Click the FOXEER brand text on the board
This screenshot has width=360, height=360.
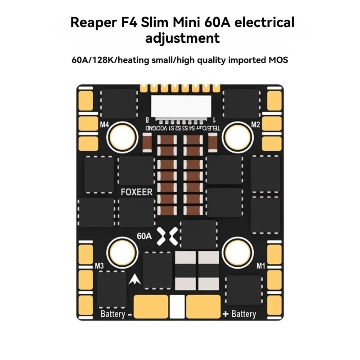tap(136, 192)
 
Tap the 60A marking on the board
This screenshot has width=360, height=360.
tap(144, 236)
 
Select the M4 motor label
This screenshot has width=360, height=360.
tap(104, 125)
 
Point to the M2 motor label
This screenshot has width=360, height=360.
tap(255, 125)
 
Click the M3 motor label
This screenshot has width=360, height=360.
tap(99, 266)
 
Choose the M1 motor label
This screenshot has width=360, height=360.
tap(261, 266)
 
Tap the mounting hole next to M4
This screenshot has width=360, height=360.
tap(122, 138)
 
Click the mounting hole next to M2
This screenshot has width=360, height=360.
tap(238, 138)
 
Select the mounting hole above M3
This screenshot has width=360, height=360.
tap(122, 252)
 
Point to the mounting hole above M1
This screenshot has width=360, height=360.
tap(238, 252)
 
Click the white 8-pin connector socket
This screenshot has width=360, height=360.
tap(181, 107)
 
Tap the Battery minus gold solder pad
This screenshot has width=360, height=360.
tap(151, 306)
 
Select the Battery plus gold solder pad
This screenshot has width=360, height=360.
tap(203, 306)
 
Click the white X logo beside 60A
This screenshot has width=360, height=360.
tap(167, 236)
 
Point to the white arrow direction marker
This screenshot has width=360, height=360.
tap(135, 279)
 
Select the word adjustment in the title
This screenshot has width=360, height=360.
tap(183, 38)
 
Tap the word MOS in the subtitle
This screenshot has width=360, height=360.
tap(278, 60)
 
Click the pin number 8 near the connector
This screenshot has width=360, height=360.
tap(147, 120)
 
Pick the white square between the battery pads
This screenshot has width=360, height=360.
tap(177, 306)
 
